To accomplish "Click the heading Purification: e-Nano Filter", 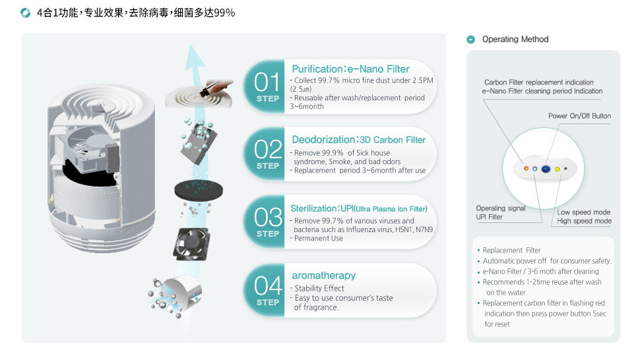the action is pos(350,69).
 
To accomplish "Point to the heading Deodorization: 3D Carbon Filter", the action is pos(358,140).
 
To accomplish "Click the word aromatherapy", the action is pos(323,276).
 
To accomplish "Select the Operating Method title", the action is pos(515,39).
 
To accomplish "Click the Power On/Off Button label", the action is pos(579,116).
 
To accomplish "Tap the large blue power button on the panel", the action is pos(546,169).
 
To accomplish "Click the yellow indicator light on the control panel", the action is pos(558,169).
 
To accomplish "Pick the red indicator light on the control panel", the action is pos(526,168).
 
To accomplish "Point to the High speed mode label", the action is pos(585,221).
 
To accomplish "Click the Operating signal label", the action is pos(501,208).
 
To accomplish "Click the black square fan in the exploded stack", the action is pos(191,244).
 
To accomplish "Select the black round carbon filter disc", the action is pos(199,190).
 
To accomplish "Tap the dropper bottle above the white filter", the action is pos(216,88).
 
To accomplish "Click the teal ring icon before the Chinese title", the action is pos(25,13).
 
